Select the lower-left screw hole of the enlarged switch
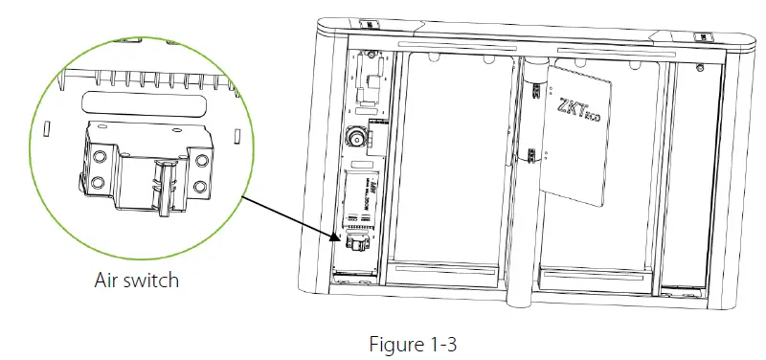99,181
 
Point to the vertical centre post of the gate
518,191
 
